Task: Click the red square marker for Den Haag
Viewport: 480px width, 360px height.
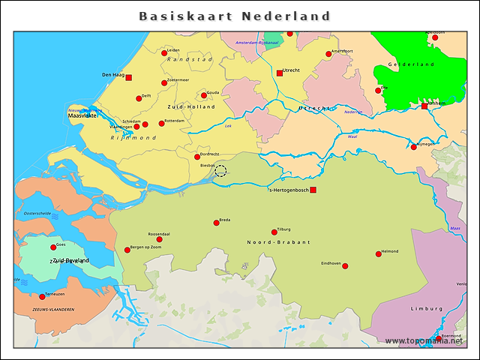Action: click(x=128, y=77)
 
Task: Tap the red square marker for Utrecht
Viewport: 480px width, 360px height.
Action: click(x=280, y=73)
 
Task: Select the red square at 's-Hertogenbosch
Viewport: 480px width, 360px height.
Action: click(x=313, y=190)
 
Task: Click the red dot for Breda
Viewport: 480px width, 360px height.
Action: click(x=217, y=223)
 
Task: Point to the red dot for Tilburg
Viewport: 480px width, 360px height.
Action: click(x=274, y=232)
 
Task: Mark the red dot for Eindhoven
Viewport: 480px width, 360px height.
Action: click(x=345, y=265)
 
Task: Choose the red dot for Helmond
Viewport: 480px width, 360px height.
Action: click(x=379, y=254)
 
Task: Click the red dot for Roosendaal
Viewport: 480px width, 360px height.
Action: click(x=159, y=240)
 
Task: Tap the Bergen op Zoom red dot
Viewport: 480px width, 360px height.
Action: click(x=127, y=250)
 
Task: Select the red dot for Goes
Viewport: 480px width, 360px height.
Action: click(x=53, y=247)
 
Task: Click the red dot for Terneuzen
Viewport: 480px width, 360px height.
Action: click(x=42, y=297)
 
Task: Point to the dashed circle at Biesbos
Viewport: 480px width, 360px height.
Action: click(x=220, y=171)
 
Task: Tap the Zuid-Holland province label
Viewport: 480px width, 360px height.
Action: click(x=191, y=106)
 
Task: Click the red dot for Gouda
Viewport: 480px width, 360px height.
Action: click(x=204, y=95)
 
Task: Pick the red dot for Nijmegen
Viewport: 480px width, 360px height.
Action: click(x=414, y=147)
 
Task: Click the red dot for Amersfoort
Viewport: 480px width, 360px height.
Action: click(x=328, y=54)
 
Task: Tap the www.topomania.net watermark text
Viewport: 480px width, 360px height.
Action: click(x=424, y=341)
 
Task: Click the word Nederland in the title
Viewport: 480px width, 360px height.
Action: click(x=286, y=16)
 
